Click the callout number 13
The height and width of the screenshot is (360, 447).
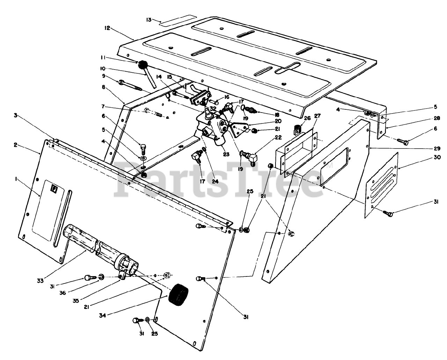click(149, 20)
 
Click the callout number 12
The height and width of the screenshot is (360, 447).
click(107, 28)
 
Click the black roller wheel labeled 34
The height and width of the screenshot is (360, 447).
click(178, 294)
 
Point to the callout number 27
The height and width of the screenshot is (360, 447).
click(317, 116)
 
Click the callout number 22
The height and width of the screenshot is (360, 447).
click(278, 138)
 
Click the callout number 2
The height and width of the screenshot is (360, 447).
click(16, 145)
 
